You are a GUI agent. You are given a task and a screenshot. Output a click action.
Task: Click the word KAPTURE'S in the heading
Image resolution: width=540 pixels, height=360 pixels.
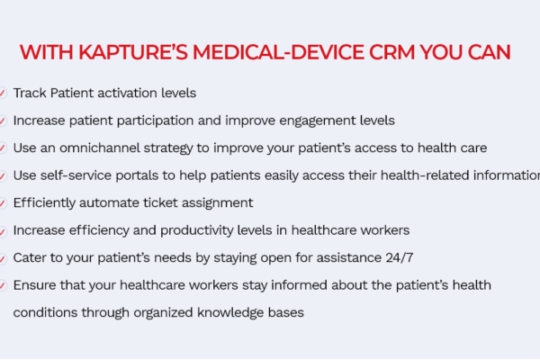coord(133,52)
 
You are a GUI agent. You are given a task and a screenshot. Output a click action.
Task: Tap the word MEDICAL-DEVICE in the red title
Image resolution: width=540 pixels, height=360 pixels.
coord(278,52)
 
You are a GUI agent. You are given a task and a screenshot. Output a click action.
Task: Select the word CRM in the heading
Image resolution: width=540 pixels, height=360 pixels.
coord(391,52)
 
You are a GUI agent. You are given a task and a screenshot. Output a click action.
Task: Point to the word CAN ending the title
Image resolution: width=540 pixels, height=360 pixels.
coord(489,52)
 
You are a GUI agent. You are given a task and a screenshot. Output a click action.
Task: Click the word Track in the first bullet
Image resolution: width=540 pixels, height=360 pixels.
coord(30,93)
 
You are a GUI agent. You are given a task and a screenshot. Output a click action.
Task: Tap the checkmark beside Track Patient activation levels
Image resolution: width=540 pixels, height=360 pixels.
coord(3,93)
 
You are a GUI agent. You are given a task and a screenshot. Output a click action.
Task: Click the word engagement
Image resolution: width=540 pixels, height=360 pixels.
coord(317,121)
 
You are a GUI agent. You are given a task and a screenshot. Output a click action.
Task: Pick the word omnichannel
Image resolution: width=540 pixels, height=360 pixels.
coord(100,148)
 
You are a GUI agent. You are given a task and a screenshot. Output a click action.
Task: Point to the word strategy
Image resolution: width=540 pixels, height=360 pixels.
coord(168,148)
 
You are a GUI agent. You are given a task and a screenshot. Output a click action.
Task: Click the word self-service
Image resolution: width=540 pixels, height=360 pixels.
coord(76,175)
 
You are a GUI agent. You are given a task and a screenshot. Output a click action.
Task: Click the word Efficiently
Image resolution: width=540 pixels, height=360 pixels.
coord(44,202)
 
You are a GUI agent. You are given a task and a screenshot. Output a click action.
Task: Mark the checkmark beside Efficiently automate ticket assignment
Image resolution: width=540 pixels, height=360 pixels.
coord(3,202)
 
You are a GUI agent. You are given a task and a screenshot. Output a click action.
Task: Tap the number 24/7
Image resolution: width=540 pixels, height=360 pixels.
coord(400,257)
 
